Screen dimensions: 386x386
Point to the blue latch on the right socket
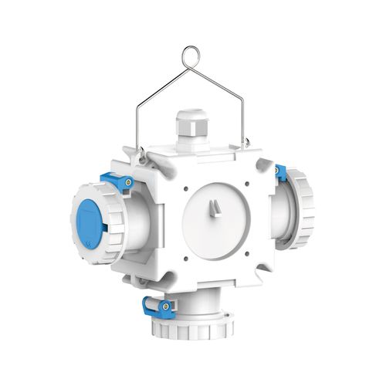click(x=282, y=174)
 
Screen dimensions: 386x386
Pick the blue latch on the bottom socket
click(x=154, y=306)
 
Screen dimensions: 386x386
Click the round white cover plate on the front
click(x=215, y=221)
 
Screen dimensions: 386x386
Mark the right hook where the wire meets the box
click(x=246, y=142)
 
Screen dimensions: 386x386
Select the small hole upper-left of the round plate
click(x=185, y=186)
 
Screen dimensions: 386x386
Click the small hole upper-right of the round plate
click(x=246, y=184)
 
